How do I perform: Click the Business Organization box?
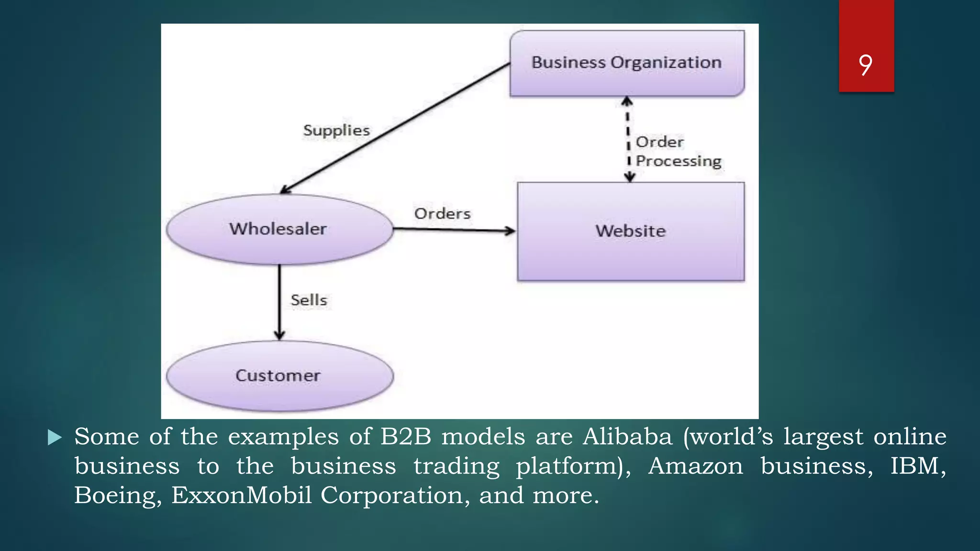coord(627,63)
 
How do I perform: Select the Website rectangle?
coord(631,231)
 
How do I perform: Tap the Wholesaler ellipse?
coord(278,229)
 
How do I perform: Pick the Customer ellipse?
coord(278,376)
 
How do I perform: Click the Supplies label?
coord(336,131)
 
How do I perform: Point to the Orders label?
coord(442,214)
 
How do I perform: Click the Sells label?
coord(309,300)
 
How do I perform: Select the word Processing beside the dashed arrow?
coord(678,162)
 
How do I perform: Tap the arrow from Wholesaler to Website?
coord(455,230)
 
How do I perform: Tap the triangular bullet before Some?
coord(55,437)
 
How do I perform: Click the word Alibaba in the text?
coord(627,437)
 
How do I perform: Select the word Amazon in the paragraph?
coord(695,466)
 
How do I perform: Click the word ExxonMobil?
coord(242,496)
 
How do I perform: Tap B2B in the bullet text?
coord(406,437)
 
